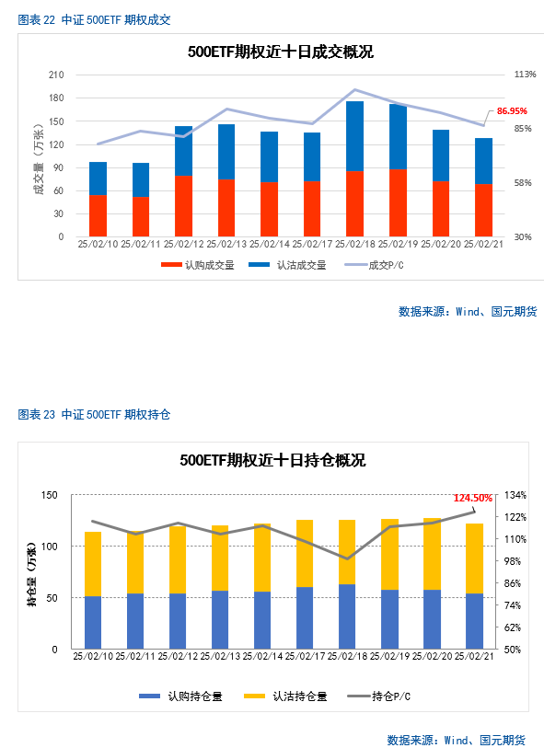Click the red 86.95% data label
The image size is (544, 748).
pyautogui.click(x=512, y=111)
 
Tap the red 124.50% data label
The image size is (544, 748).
pyautogui.click(x=472, y=498)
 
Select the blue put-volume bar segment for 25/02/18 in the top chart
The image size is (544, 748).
pyautogui.click(x=355, y=136)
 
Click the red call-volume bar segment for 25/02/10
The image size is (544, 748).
pyautogui.click(x=98, y=215)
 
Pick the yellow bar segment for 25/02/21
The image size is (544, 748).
pyautogui.click(x=474, y=558)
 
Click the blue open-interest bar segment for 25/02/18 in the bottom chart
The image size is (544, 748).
pyautogui.click(x=347, y=616)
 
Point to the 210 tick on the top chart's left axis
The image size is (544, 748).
pyautogui.click(x=56, y=75)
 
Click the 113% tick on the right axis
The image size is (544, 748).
pyautogui.click(x=525, y=75)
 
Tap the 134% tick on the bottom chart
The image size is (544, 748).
pyautogui.click(x=515, y=495)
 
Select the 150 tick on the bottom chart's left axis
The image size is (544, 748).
pyautogui.click(x=49, y=495)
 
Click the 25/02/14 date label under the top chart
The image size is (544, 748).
pyautogui.click(x=269, y=244)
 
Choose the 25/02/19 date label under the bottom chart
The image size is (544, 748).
pyautogui.click(x=390, y=656)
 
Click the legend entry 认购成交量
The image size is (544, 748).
pyautogui.click(x=198, y=265)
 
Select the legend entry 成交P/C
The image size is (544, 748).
pyautogui.click(x=374, y=265)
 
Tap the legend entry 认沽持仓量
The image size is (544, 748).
pyautogui.click(x=285, y=696)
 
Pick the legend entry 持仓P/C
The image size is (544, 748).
pyautogui.click(x=379, y=696)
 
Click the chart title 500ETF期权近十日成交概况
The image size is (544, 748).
pyautogui.click(x=281, y=52)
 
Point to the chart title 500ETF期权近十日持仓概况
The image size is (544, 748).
pyautogui.click(x=273, y=460)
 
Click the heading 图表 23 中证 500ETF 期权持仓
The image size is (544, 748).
pyautogui.click(x=94, y=415)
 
